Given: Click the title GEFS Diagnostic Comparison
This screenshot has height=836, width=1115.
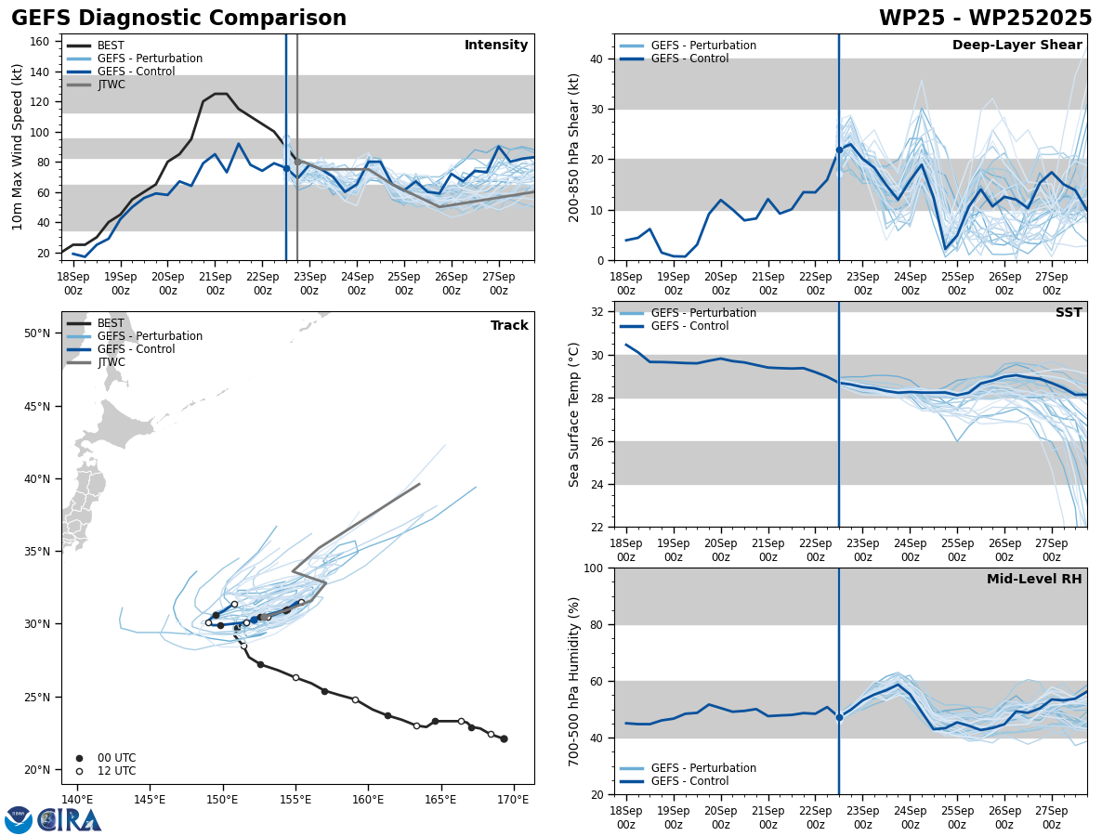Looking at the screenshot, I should (178, 19).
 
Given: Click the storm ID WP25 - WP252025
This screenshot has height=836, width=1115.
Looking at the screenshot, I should (985, 19).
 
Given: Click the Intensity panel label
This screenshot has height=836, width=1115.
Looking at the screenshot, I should (496, 46).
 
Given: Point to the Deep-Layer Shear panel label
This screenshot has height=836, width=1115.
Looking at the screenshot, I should (1017, 46).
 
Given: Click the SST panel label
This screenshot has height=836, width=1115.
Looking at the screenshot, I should (1069, 313).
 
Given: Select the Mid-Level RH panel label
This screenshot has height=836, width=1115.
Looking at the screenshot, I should (1034, 580).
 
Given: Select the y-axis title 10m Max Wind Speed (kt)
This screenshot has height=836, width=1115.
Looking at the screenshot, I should (18, 147).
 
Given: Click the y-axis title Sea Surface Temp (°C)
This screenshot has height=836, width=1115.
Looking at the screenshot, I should (574, 414).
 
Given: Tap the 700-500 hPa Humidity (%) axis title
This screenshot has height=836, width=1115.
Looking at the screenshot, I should (574, 681).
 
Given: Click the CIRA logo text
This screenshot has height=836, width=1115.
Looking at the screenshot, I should (70, 819).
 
